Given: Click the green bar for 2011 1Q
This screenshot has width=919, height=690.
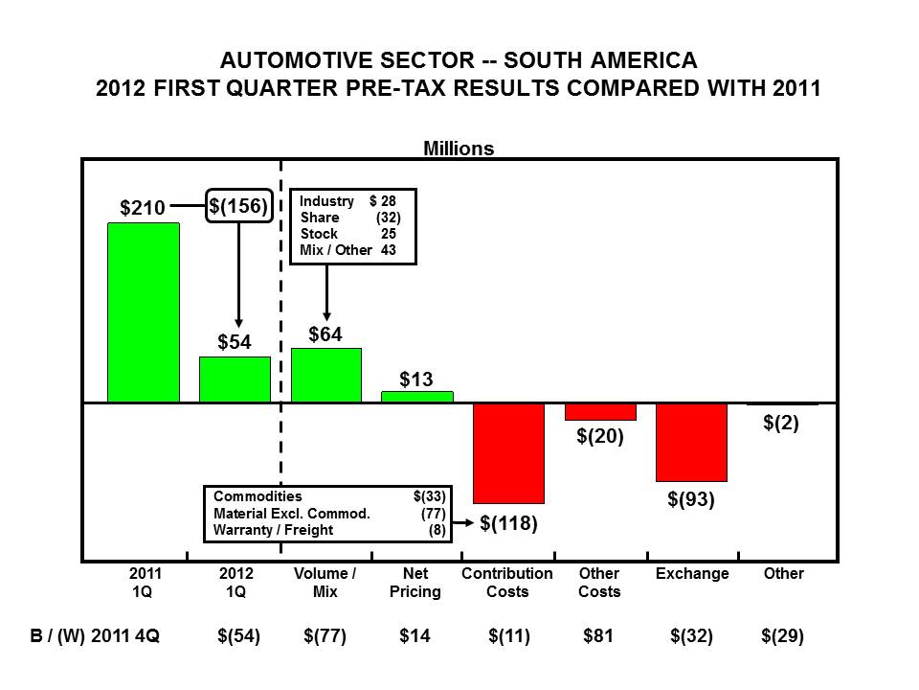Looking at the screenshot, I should [x=143, y=312].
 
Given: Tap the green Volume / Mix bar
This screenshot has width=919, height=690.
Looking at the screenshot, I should [x=326, y=375].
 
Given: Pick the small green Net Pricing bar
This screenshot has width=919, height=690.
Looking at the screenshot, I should [x=417, y=397].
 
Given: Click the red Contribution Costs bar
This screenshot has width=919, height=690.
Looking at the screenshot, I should [x=508, y=453].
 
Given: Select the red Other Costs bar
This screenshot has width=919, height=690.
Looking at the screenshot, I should [x=600, y=412].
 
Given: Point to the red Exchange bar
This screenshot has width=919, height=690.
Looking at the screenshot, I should [x=691, y=442].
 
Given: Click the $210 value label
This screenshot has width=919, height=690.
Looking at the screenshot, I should [x=143, y=207].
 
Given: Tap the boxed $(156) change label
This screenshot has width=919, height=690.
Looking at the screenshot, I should [x=239, y=204].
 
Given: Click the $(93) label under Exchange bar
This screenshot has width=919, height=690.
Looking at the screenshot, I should [x=691, y=499].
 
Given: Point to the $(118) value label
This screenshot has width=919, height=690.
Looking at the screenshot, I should [x=508, y=523].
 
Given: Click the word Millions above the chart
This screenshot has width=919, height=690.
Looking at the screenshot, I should [x=459, y=149].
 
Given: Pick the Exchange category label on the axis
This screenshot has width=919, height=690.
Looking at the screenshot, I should [x=692, y=574].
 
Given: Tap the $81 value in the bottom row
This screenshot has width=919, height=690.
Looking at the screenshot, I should [x=599, y=636].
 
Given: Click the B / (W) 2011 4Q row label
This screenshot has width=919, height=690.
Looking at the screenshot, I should [x=94, y=636].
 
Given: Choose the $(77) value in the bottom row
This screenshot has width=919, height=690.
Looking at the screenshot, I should [x=325, y=636].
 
